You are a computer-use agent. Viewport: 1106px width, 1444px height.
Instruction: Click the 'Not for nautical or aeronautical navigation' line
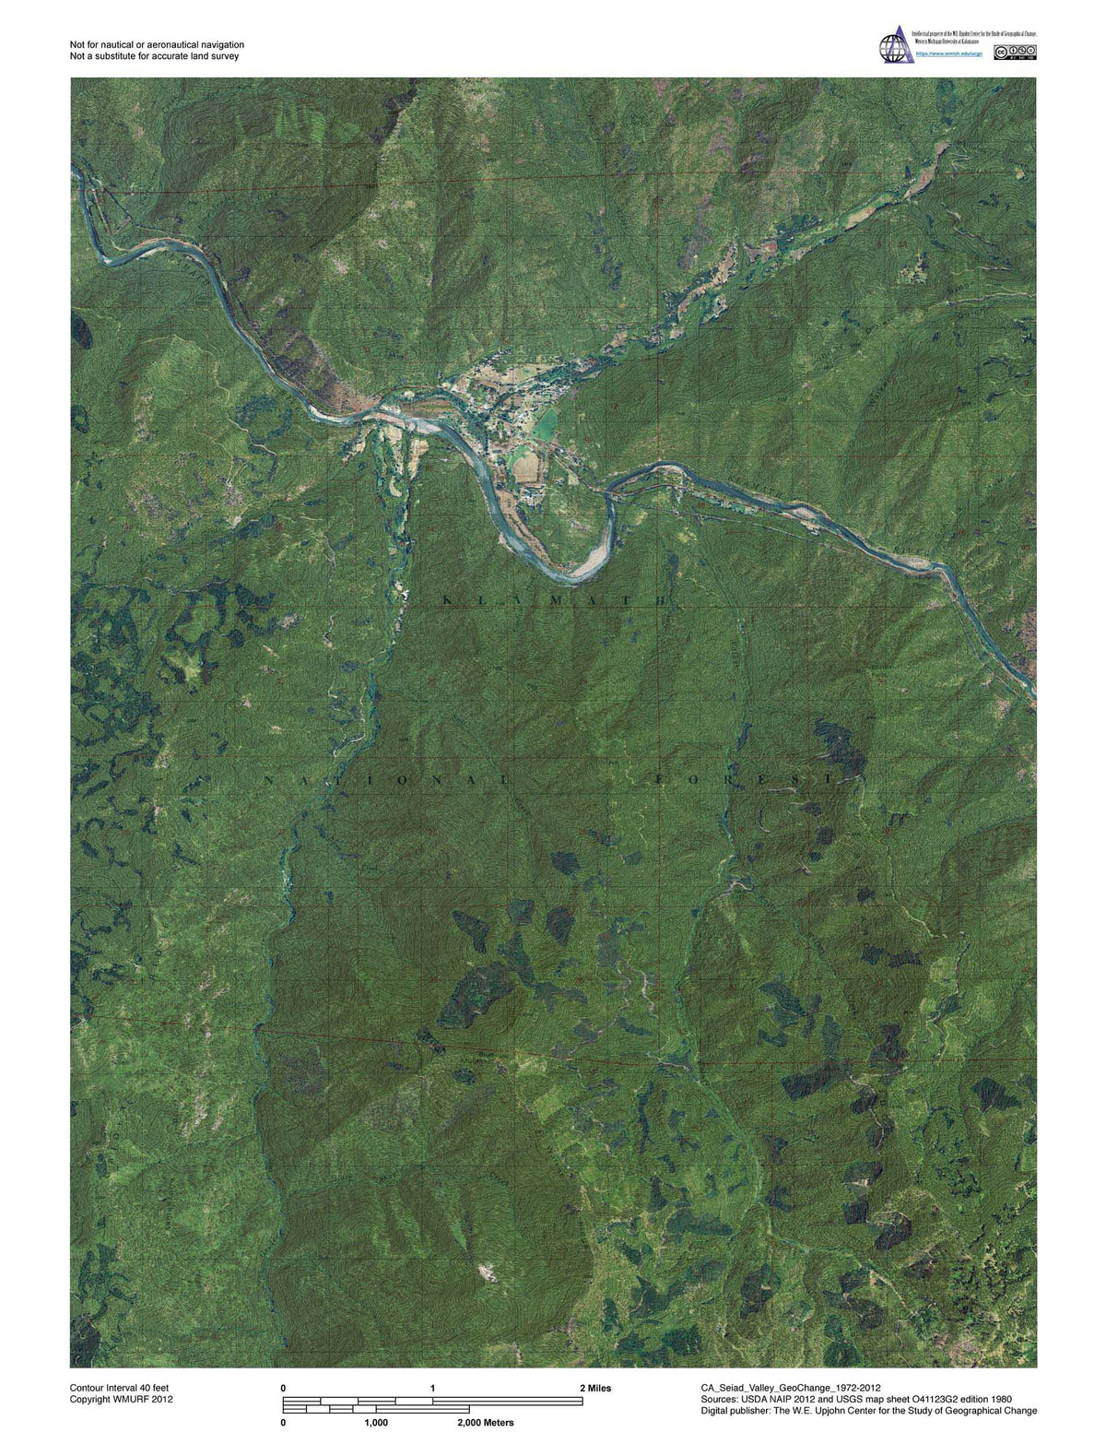157,45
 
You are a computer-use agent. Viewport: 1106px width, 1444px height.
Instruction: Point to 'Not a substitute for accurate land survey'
154,56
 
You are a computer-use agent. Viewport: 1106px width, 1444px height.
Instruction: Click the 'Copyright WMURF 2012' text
121,1399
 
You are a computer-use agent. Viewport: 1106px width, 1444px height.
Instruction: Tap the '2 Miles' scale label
594,1388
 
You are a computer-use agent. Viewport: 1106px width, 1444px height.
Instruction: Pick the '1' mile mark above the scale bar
432,1388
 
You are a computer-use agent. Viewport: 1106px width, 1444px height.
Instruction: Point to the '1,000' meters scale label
375,1423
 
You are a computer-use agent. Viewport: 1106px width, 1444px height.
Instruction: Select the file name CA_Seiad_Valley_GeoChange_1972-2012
791,1388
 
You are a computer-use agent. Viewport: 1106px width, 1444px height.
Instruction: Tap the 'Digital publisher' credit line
868,1410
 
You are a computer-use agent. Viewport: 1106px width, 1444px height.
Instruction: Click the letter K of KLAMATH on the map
449,600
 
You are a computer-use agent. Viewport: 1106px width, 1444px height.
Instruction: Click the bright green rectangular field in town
546,423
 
